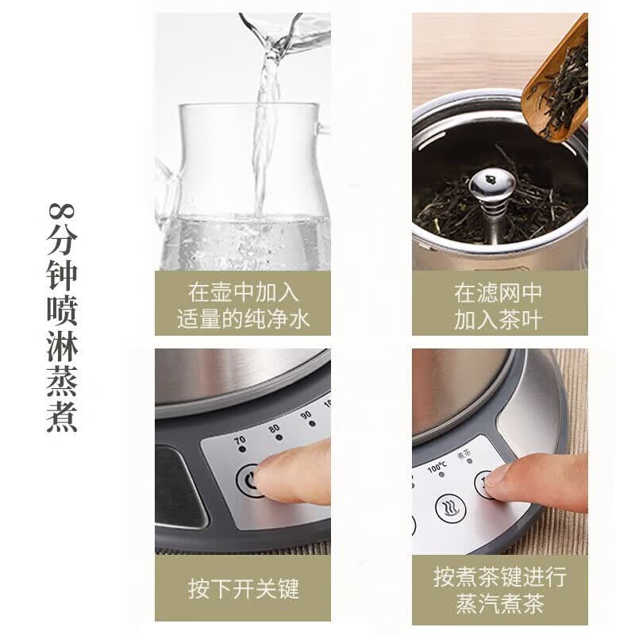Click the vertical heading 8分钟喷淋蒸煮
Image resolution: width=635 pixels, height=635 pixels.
62,317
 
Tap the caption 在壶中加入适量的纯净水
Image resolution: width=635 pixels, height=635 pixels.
243,306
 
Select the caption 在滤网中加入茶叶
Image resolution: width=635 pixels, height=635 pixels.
498,306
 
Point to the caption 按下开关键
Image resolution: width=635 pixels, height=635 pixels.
244,588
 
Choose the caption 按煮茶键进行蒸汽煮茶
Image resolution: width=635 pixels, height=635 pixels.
500,590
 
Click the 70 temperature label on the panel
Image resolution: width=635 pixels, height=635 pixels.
241,440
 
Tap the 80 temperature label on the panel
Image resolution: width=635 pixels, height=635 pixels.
274,428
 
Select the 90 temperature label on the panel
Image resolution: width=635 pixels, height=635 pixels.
306,415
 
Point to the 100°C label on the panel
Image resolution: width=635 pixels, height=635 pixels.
437,467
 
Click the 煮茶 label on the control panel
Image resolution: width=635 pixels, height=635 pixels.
464,455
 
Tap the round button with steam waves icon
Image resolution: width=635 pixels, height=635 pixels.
451,507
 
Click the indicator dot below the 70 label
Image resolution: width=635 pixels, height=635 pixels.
242,449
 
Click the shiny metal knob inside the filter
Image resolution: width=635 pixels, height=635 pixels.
492,187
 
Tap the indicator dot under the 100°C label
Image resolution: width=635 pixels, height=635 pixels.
442,474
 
